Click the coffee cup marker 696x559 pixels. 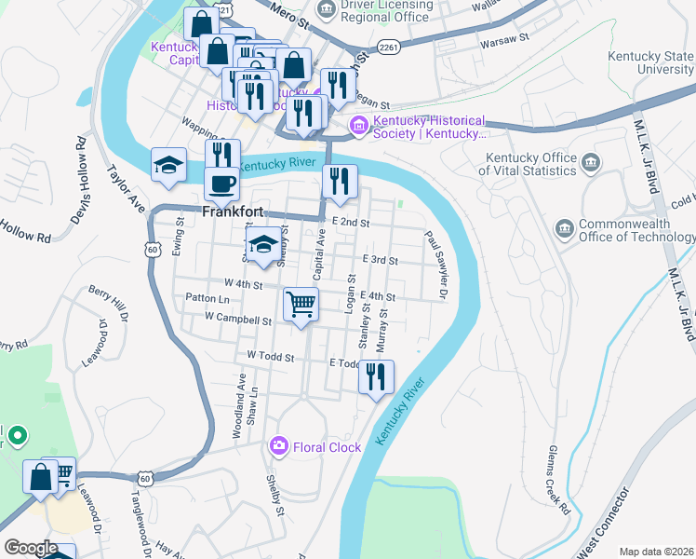pyautogui.click(x=221, y=183)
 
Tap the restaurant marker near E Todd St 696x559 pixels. pyautogui.click(x=376, y=376)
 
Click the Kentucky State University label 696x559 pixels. pyautogui.click(x=650, y=62)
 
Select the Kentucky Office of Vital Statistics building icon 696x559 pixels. pyautogui.click(x=590, y=165)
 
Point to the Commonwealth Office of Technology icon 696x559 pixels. pyautogui.click(x=564, y=229)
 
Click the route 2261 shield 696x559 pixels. pyautogui.click(x=392, y=47)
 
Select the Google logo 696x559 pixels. pyautogui.click(x=31, y=548)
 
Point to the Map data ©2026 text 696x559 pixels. pyautogui.click(x=655, y=552)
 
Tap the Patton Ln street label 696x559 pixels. pyautogui.click(x=207, y=298)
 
